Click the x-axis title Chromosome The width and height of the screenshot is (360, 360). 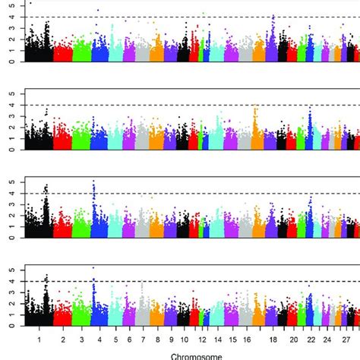[x=197, y=355]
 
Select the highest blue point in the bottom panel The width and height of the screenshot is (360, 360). [x=93, y=267]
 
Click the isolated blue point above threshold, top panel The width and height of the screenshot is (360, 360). [x=97, y=11]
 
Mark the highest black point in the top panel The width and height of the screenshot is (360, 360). [x=30, y=3]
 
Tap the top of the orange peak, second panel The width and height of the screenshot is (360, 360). [x=255, y=108]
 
